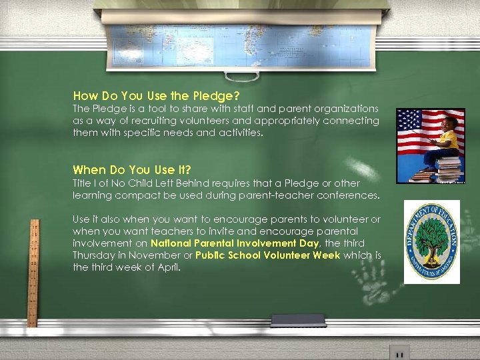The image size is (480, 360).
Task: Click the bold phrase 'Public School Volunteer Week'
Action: pyautogui.click(x=268, y=255)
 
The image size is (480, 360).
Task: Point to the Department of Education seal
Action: pyautogui.click(x=431, y=242)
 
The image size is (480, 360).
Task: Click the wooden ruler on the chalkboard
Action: pyautogui.click(x=33, y=273)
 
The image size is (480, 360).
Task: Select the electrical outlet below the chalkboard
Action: pyautogui.click(x=399, y=352)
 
